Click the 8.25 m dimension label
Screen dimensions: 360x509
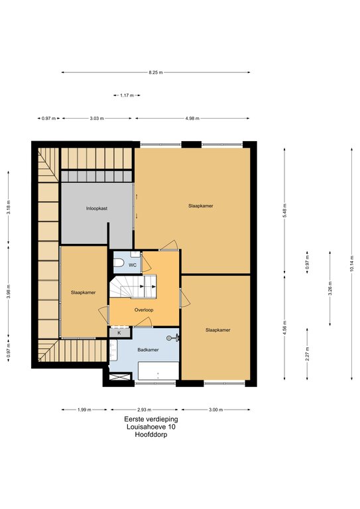coord(156,73)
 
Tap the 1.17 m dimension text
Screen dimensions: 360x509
coord(127,95)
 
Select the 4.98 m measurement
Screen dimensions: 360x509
coord(192,119)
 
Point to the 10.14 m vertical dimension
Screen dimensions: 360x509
coord(351,264)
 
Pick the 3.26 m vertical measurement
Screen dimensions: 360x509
coord(330,288)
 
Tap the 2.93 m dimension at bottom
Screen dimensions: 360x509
coord(144,410)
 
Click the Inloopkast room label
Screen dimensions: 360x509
coord(97,208)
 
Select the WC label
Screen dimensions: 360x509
coord(133,265)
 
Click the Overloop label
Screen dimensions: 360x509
coord(144,310)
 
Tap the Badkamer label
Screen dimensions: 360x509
coord(148,350)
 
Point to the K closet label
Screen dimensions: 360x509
coord(119,333)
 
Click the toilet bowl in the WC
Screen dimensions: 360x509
coord(119,262)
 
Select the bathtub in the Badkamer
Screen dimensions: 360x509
coord(158,370)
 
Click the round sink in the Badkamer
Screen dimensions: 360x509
coord(169,338)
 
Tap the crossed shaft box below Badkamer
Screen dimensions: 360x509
coord(120,377)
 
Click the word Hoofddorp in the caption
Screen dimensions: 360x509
coord(151,434)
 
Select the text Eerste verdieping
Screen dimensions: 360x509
coord(151,420)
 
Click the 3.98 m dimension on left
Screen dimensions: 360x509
coord(9,291)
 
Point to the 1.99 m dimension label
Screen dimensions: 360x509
coord(84,410)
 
